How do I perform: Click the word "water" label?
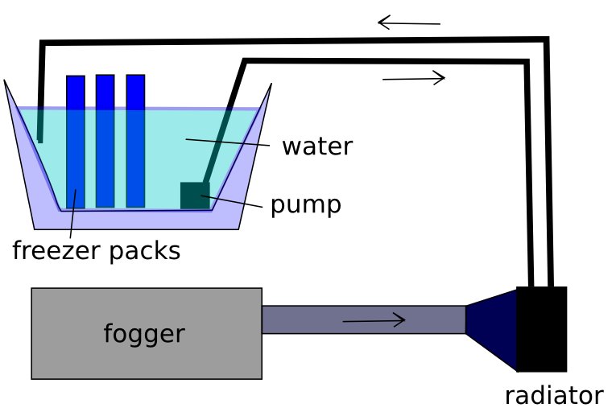(x=316, y=146)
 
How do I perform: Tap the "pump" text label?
(x=305, y=204)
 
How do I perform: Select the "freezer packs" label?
(x=96, y=250)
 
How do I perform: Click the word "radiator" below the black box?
(x=553, y=395)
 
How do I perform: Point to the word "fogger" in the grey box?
(x=144, y=333)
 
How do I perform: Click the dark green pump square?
(x=194, y=196)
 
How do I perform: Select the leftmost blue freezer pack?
(x=76, y=141)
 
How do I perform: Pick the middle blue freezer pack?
(x=105, y=141)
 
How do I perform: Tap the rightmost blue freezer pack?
(x=135, y=141)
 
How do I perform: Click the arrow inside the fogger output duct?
(x=374, y=321)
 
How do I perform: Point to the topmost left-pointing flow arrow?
(x=409, y=23)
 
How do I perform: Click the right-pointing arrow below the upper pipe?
(x=413, y=78)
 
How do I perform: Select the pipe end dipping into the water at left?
(x=39, y=129)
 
